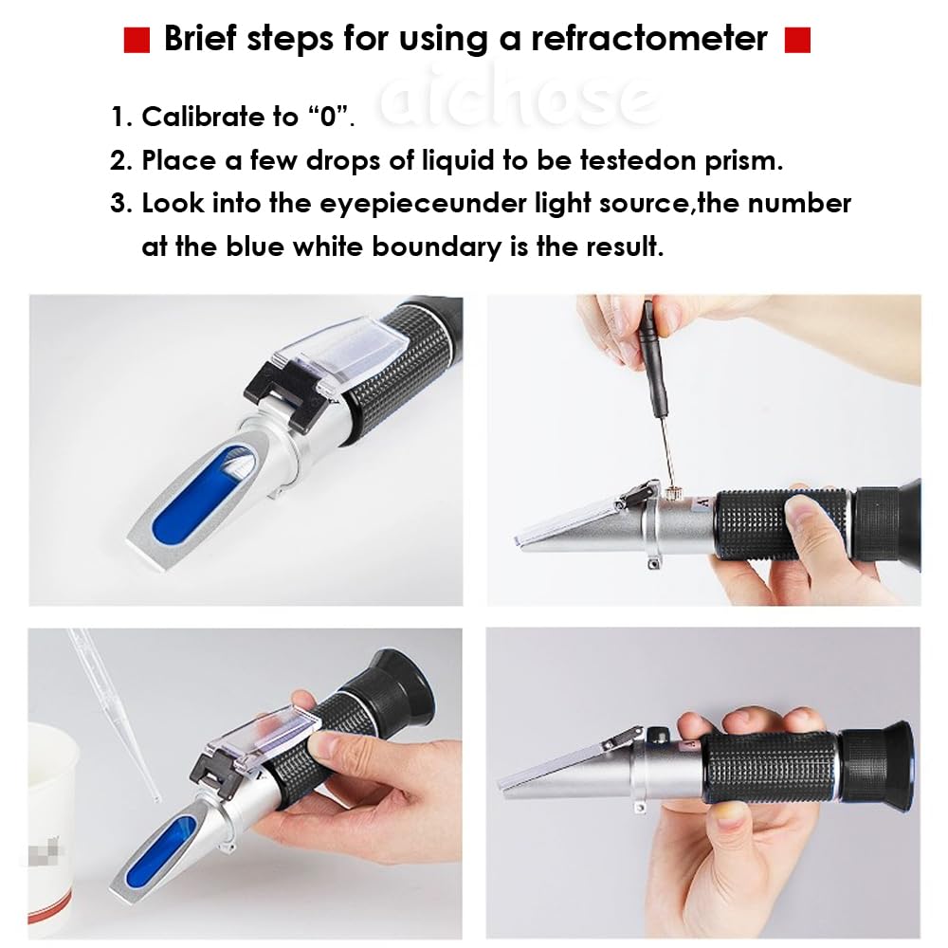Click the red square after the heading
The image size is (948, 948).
pos(798,40)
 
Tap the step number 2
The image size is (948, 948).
pos(120,160)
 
